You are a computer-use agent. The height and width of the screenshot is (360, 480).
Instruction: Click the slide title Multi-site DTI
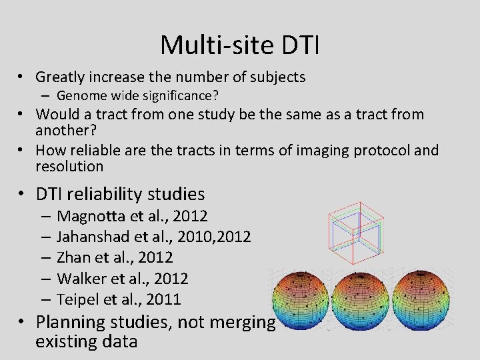tap(240, 45)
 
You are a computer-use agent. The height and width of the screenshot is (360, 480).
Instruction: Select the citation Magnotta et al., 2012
tap(132, 216)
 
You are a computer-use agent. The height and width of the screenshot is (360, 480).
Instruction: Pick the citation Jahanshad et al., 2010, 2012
tap(153, 237)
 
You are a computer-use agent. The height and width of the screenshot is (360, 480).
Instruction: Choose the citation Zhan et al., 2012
tap(115, 257)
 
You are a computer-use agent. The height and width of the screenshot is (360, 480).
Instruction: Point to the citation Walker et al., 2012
tap(123, 278)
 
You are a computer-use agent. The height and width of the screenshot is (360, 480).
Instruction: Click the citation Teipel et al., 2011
tap(119, 299)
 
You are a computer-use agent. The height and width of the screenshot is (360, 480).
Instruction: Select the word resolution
tap(69, 167)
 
